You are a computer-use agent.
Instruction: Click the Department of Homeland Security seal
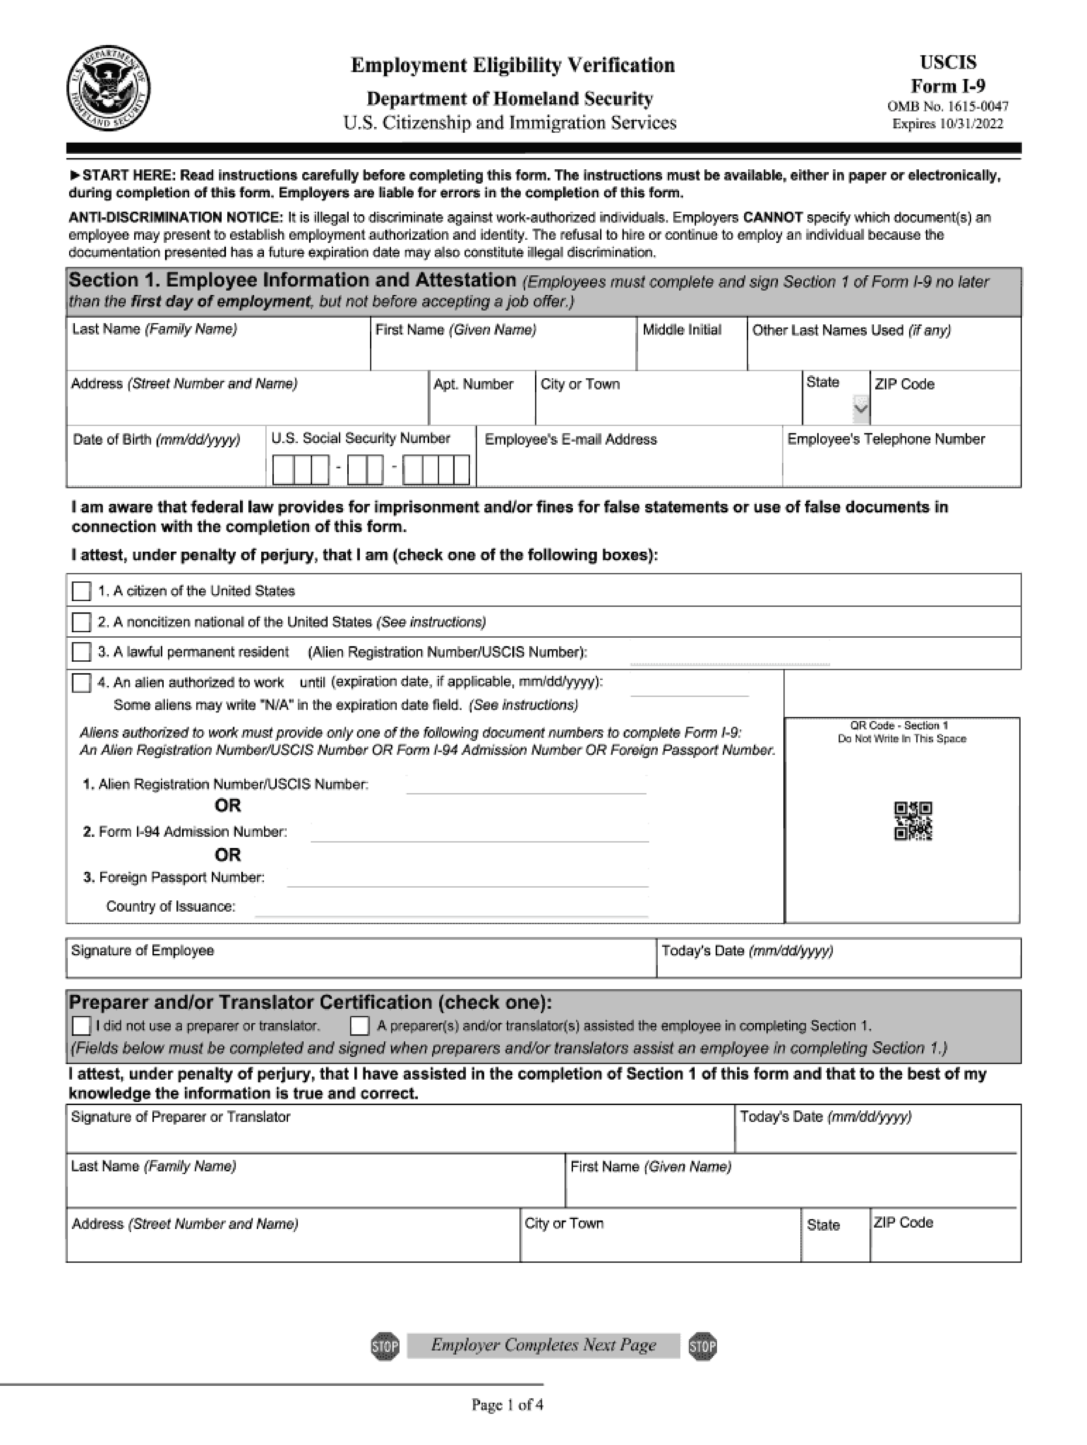[108, 88]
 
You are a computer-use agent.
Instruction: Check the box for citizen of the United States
[81, 591]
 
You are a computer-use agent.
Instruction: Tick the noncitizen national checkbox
[81, 622]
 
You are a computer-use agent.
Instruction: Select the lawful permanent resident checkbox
[81, 652]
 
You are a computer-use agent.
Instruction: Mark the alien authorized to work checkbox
[81, 683]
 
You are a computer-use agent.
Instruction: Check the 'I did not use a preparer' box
[81, 1026]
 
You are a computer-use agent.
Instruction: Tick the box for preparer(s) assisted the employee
[359, 1026]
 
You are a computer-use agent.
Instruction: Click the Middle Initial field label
[682, 330]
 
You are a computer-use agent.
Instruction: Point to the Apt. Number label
[473, 384]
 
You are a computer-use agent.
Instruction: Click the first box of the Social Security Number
[282, 470]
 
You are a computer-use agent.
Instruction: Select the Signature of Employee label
[143, 951]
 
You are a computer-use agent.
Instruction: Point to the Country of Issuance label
[170, 907]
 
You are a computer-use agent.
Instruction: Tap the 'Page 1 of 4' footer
[507, 1404]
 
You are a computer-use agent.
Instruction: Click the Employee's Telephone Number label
[886, 439]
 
